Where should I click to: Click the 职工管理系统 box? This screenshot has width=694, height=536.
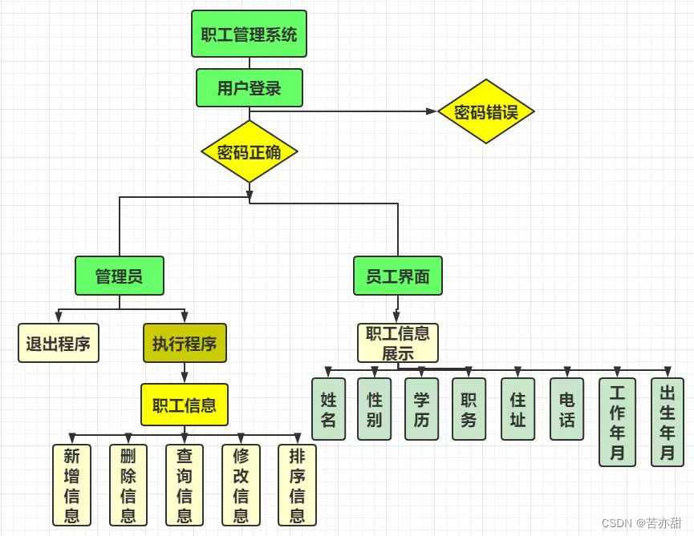pos(249,34)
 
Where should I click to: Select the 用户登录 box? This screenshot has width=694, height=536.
pos(249,87)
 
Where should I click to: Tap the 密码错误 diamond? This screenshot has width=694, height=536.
pos(486,111)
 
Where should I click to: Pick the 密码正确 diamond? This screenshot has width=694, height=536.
pos(249,151)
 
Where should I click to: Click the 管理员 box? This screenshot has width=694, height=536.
pos(119,276)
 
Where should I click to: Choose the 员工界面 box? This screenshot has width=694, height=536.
pos(397,276)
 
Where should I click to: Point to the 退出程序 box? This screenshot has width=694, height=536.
pos(58,344)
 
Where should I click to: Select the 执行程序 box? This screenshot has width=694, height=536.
pos(185,344)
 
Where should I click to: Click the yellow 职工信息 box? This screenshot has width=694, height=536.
pos(185,404)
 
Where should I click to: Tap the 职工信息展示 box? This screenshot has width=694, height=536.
pos(398,342)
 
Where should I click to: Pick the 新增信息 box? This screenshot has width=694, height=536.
pos(72,485)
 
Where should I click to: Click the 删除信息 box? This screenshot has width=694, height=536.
pos(128,485)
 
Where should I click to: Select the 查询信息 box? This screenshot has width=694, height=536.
pos(185,485)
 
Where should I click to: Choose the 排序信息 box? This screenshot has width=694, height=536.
pos(297,485)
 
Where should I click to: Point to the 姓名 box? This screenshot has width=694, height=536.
pos(328,409)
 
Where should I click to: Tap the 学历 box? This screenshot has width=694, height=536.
pos(421,409)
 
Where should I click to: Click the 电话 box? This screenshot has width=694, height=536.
pos(566,409)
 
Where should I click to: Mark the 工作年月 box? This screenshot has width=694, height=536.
pos(617,422)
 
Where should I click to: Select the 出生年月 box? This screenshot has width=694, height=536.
pos(667,422)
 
